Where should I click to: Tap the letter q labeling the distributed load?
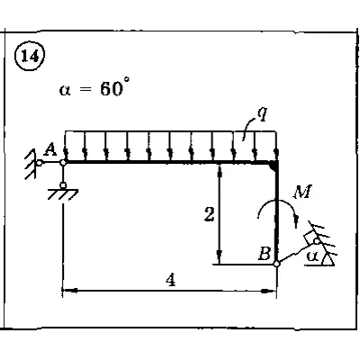[x=262, y=114]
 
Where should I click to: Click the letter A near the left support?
[x=49, y=149]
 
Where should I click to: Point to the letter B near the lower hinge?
[x=265, y=254]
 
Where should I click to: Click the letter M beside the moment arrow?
[x=302, y=192]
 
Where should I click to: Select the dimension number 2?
[x=209, y=214]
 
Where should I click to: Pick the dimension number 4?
[x=170, y=280]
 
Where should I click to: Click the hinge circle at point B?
[x=276, y=264]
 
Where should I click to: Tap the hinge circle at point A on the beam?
[x=63, y=163]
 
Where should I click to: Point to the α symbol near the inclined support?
[x=312, y=256]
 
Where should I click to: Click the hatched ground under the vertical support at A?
[x=63, y=193]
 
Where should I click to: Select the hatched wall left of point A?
[x=30, y=165]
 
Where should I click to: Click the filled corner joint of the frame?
[x=274, y=166]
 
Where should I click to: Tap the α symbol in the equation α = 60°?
[x=65, y=90]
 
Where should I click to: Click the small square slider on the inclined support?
[x=310, y=238]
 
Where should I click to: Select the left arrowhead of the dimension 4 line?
[x=69, y=291]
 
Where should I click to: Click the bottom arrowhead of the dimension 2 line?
[x=220, y=256]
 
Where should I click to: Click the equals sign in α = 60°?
[x=85, y=90]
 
